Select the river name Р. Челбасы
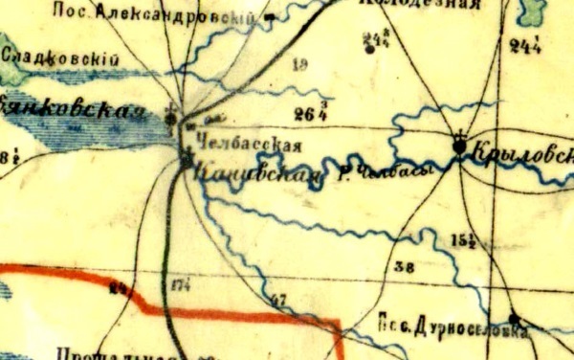point(382,171)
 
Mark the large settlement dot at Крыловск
point(460,146)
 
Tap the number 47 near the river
point(279,302)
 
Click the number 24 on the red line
point(120,287)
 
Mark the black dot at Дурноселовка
point(514,319)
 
